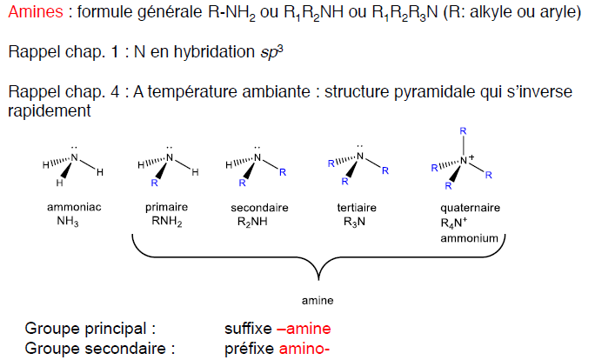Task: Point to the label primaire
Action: pos(164,209)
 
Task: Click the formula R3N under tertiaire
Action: pos(355,223)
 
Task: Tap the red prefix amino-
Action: pos(304,349)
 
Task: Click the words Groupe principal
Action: pos(90,330)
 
